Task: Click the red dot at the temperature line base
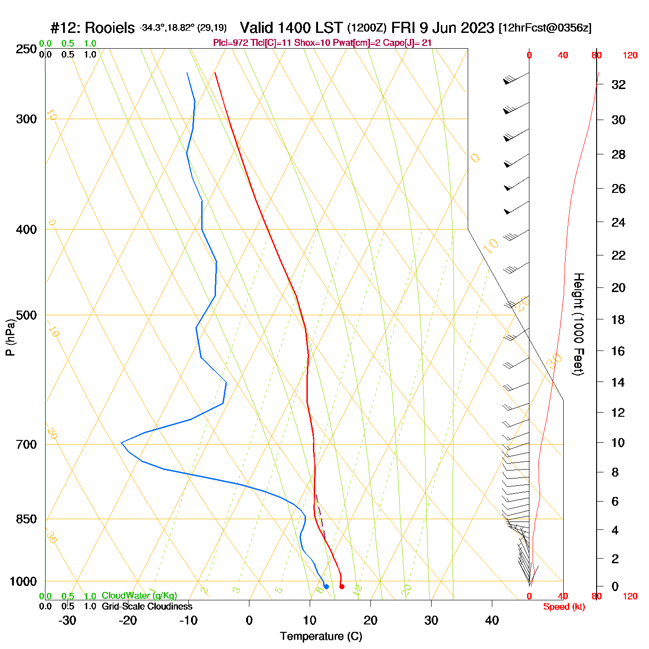[x=342, y=586]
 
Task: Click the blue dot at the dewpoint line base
[x=326, y=586]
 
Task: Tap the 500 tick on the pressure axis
[x=26, y=315]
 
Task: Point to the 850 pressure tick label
[x=26, y=519]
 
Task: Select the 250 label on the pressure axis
[x=26, y=49]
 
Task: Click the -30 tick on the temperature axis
[x=67, y=620]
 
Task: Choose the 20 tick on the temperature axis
[x=370, y=620]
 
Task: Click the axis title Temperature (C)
[x=321, y=636]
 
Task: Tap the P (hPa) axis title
[x=10, y=337]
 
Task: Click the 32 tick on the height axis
[x=618, y=85]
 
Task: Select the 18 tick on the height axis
[x=618, y=319]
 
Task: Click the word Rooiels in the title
[x=110, y=28]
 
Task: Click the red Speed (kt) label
[x=564, y=607]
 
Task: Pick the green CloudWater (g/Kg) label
[x=139, y=596]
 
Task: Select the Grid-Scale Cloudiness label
[x=147, y=606]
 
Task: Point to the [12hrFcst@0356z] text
[x=545, y=28]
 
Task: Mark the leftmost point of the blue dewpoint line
[x=121, y=443]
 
